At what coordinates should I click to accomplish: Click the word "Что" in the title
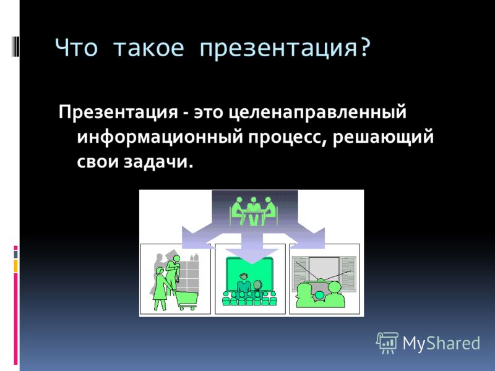76,48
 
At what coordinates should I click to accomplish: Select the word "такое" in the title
148,48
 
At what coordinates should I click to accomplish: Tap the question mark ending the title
364,48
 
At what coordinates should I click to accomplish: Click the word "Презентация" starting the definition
118,113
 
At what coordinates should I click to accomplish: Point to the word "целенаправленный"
317,113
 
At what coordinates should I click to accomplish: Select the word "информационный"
160,137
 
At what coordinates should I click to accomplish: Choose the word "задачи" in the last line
158,162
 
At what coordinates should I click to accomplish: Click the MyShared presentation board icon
387,343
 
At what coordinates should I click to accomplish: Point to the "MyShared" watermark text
441,343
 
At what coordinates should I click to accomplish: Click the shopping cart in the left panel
187,300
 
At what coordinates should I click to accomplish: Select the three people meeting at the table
254,211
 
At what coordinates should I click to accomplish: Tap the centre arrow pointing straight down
252,249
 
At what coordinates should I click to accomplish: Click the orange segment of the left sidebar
15,266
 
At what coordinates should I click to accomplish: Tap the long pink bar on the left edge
15,319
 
